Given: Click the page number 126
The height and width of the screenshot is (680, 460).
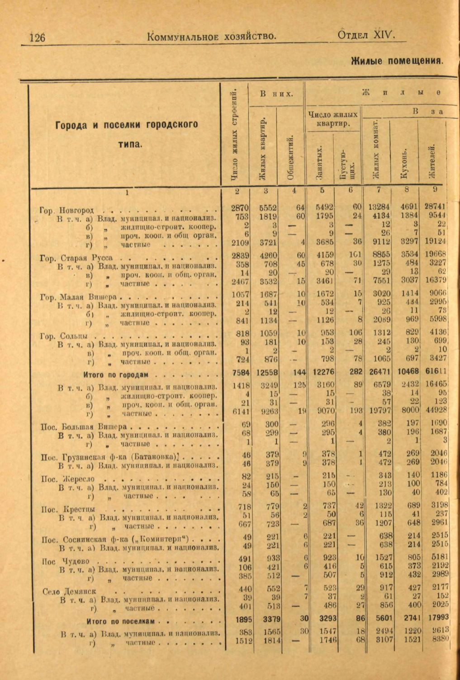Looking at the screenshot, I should click(38, 37).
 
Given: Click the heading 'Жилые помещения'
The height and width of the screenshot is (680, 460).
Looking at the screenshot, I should click(397, 61).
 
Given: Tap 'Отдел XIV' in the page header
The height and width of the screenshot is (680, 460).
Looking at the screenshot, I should click(366, 36).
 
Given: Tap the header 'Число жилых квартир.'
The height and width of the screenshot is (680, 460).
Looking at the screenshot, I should click(333, 119).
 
